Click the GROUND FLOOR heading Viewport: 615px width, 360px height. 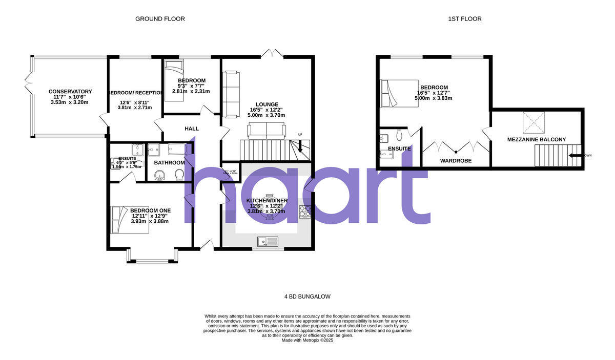click(160, 19)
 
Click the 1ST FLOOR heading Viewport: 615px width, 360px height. click(464, 19)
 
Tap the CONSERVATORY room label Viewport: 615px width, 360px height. click(70, 92)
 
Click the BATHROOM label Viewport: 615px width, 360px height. click(169, 163)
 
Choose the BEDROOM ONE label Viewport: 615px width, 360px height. click(150, 210)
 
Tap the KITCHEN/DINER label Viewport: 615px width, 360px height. click(266, 200)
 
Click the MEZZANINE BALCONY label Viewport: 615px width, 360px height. click(536, 139)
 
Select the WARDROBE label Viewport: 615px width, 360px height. click(456, 161)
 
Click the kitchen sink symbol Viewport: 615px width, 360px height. click(268, 240)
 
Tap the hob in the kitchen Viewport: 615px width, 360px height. click(305, 211)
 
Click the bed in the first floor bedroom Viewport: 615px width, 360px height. click(399, 93)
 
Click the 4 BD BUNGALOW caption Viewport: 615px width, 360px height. click(307, 297)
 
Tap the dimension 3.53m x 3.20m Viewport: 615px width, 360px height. click(70, 102)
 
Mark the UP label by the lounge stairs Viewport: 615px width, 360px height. click(300, 135)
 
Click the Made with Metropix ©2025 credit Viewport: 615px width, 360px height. click(307, 340)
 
